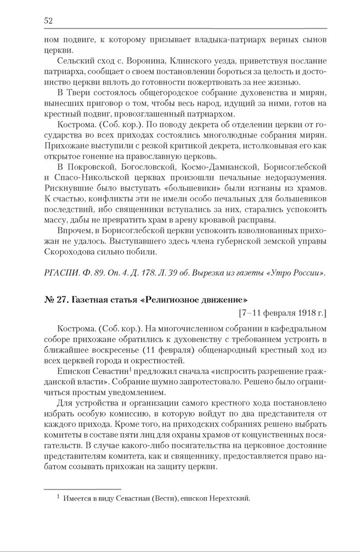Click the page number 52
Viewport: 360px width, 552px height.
pyautogui.click(x=48, y=21)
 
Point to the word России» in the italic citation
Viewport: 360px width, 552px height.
pyautogui.click(x=309, y=273)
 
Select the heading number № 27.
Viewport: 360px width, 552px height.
pyautogui.click(x=55, y=300)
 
